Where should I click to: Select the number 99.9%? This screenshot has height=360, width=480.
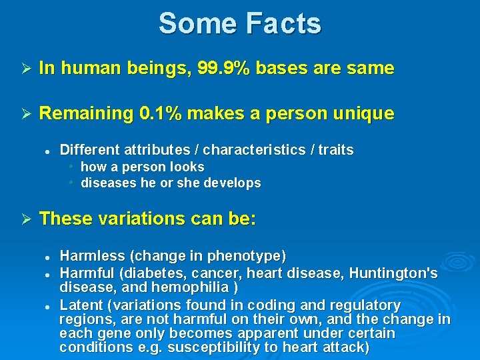click(222, 68)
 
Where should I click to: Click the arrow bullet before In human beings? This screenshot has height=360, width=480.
click(22, 69)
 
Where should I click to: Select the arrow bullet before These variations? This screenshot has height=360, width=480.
click(22, 219)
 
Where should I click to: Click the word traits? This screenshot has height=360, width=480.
click(335, 150)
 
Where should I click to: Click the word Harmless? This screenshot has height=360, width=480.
click(93, 256)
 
